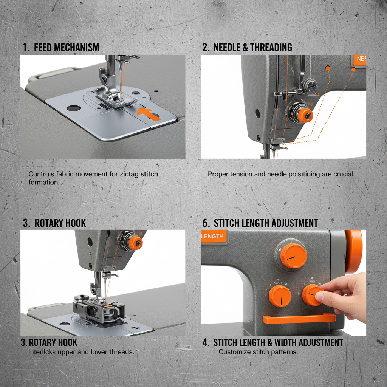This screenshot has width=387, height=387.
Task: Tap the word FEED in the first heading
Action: pyautogui.click(x=43, y=48)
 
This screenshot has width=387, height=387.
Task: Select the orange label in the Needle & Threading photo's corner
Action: pyautogui.click(x=359, y=59)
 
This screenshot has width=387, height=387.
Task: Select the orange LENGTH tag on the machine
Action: pyautogui.click(x=214, y=237)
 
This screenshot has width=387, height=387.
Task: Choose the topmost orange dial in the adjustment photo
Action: pyautogui.click(x=293, y=256)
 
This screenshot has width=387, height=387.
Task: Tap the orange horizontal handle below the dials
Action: pyautogui.click(x=299, y=319)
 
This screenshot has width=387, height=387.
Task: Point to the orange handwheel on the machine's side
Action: pyautogui.click(x=354, y=251)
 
